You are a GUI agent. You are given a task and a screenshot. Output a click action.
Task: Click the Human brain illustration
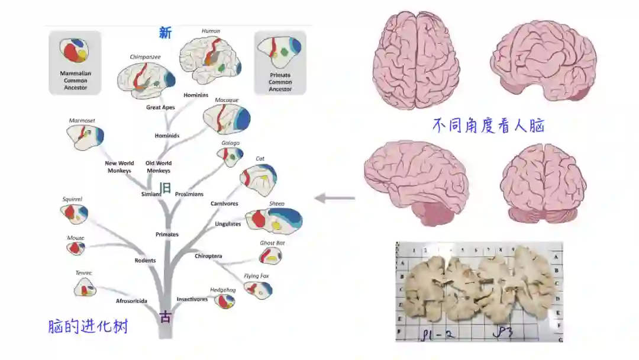pyautogui.click(x=210, y=59)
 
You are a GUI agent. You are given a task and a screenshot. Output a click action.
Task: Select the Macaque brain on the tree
pyautogui.click(x=227, y=119)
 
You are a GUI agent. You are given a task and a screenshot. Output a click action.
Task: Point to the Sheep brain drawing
pyautogui.click(x=274, y=220)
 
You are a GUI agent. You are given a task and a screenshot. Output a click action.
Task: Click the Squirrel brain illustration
pyautogui.click(x=74, y=213)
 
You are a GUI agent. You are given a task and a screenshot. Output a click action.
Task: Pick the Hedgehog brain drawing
pyautogui.click(x=224, y=301)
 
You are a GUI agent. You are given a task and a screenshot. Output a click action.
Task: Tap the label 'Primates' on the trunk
pyautogui.click(x=167, y=234)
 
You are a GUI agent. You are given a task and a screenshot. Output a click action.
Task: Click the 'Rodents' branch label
pyautogui.click(x=145, y=261)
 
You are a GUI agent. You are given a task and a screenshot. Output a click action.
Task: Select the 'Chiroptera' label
pyautogui.click(x=208, y=256)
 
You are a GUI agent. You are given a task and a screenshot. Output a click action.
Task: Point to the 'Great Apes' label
pyautogui.click(x=160, y=108)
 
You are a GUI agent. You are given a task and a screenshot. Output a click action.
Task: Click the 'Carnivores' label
pyautogui.click(x=224, y=204)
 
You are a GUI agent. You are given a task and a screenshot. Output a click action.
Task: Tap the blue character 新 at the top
pyautogui.click(x=165, y=33)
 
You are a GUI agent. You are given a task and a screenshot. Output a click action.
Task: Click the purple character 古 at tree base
pyautogui.click(x=166, y=317)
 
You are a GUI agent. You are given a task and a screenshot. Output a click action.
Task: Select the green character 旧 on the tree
pyautogui.click(x=166, y=188)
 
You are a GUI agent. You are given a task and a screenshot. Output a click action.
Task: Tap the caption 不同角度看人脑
pyautogui.click(x=488, y=126)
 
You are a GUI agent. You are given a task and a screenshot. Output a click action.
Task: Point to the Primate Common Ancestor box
pyautogui.click(x=280, y=62)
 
